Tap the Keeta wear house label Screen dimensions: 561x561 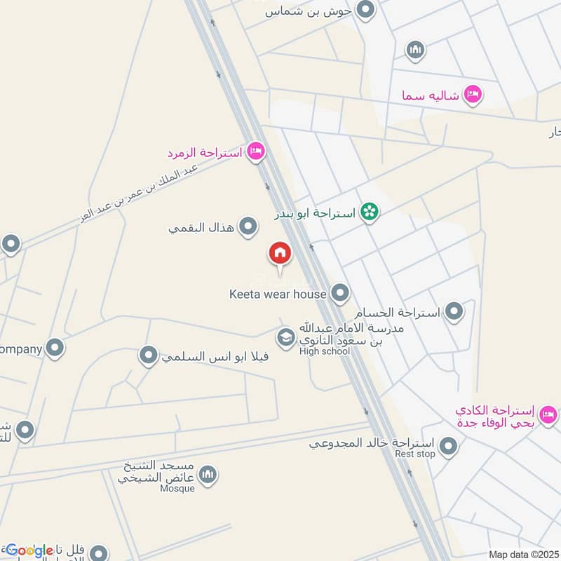pos(278,295)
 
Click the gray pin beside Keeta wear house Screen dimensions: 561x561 pos(340,293)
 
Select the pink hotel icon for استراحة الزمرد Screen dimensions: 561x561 pos(256,151)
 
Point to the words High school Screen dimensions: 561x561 pos(323,351)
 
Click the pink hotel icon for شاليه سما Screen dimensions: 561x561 pos(473,95)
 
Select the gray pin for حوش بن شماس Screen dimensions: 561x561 pos(365,10)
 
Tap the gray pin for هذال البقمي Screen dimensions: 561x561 pos(248,227)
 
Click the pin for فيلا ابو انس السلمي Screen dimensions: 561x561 pos(148,356)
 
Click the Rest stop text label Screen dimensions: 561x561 pos(415,454)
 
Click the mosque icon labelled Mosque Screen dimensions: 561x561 pos(208,476)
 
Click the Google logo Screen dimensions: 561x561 pos(29,550)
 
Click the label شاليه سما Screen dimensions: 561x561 pos(431,95)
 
